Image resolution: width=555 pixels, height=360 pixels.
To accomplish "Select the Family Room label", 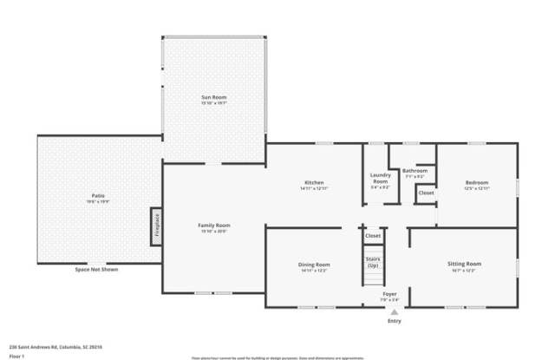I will pos(213,226).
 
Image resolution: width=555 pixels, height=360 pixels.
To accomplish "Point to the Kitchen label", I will pos(313,182).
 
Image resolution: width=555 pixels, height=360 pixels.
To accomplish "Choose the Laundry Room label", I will pos(380,178).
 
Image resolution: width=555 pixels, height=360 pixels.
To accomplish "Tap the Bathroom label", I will pos(415,170).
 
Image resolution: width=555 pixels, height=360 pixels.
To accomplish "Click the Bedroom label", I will pos(476,182).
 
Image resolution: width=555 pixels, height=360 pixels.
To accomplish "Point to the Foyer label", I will pos(390,294).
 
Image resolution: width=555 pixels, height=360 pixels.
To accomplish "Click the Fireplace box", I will pos(157,223).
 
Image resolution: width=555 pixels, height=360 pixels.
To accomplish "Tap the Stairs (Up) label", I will pos(373,261).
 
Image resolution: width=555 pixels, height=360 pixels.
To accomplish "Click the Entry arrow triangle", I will pos(394,312).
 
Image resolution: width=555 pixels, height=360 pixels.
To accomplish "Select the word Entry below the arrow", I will pos(395,321).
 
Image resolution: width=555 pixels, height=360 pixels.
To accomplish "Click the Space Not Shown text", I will pos(96,270).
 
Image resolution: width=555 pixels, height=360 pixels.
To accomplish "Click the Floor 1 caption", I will pos(16,355).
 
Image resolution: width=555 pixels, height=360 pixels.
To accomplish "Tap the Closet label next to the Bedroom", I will pos(426,193).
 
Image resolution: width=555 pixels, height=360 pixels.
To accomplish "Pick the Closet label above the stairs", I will pos(373,235).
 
